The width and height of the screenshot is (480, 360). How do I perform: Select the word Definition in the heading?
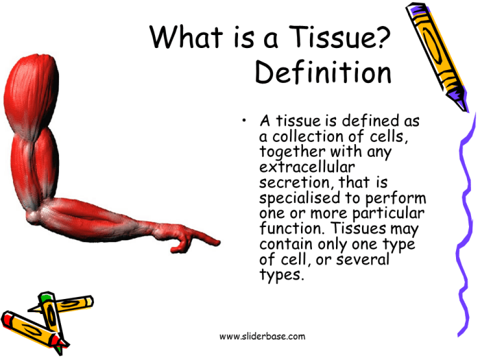(x=323, y=73)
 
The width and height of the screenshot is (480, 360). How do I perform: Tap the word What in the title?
(x=186, y=36)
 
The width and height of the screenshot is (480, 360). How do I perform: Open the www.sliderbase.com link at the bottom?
(x=262, y=336)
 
